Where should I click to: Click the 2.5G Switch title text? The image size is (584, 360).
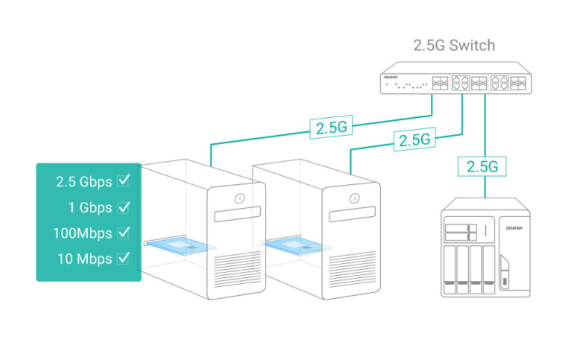click(x=453, y=46)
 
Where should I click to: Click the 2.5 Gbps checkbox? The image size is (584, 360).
click(x=124, y=181)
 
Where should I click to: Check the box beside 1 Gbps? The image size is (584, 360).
click(x=124, y=207)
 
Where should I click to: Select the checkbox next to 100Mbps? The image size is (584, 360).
click(x=124, y=232)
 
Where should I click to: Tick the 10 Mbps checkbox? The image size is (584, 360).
click(x=124, y=258)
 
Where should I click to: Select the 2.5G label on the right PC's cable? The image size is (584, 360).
click(x=413, y=139)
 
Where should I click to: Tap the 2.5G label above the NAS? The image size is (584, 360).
click(x=484, y=167)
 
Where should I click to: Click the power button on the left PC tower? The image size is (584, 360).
click(x=239, y=198)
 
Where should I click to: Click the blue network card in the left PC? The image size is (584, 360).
click(x=180, y=246)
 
